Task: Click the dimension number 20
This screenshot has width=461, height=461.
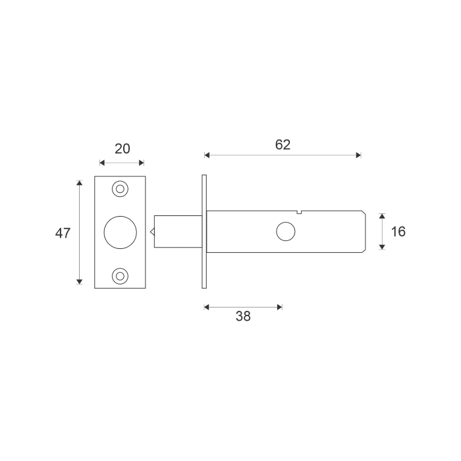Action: (x=122, y=149)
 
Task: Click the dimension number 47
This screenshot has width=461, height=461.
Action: (x=63, y=233)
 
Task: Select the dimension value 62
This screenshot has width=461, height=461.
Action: (x=283, y=145)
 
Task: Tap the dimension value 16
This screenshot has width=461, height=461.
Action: (x=398, y=232)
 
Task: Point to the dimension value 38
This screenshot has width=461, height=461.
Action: (x=243, y=316)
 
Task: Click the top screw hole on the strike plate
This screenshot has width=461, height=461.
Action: (x=120, y=189)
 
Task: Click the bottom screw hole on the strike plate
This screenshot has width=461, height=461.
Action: (x=120, y=276)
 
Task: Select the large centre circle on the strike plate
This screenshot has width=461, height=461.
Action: (x=121, y=232)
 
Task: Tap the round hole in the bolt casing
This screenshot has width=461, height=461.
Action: (x=286, y=231)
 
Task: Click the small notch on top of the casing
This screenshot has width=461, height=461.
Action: (x=299, y=212)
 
